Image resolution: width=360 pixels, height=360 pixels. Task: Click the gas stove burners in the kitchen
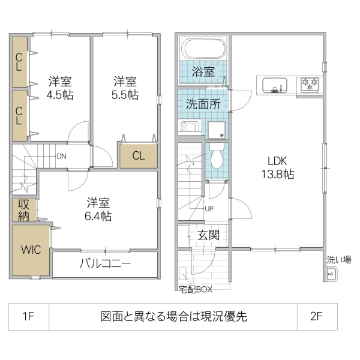click(x=310, y=85)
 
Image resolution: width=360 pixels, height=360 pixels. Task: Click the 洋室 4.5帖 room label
click(x=61, y=88)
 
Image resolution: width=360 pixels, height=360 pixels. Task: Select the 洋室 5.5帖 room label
click(x=125, y=88)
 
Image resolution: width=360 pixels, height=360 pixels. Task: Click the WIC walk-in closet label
click(x=31, y=250)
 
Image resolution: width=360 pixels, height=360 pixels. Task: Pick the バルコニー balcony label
click(x=105, y=264)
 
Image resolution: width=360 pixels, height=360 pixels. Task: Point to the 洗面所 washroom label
click(x=202, y=103)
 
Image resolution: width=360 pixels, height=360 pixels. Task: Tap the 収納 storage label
click(x=23, y=210)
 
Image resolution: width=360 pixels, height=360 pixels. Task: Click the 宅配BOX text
click(x=196, y=289)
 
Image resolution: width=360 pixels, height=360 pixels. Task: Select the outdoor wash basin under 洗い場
click(x=330, y=275)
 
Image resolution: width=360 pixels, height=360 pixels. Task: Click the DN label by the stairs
click(x=61, y=157)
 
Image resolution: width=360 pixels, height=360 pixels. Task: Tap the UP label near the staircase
click(x=209, y=209)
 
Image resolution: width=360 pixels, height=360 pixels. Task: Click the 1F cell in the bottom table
click(x=28, y=316)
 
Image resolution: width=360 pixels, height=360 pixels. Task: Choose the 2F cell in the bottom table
click(x=317, y=316)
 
